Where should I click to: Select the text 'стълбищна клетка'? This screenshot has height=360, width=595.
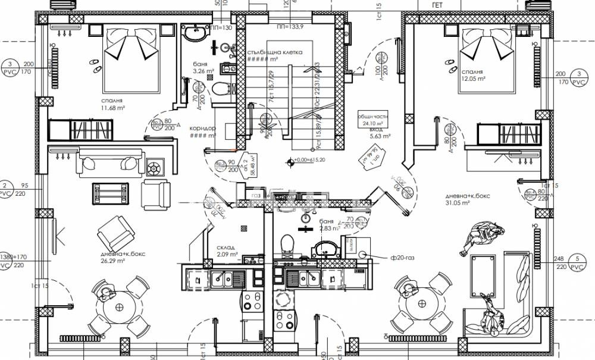tap(275, 52)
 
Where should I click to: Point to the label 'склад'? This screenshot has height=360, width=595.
tap(226, 248)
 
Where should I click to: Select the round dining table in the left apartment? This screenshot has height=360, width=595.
tap(121, 308)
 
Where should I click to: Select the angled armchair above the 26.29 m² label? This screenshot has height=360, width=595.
tap(115, 233)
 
